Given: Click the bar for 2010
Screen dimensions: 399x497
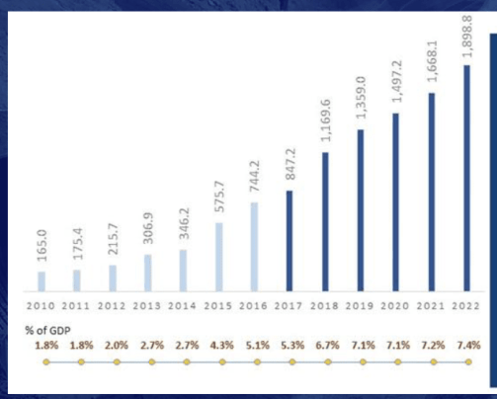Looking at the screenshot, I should (x=41, y=281).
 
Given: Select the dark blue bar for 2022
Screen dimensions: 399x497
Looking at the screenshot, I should (x=467, y=178).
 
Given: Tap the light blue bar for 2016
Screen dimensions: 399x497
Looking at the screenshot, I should (x=254, y=247).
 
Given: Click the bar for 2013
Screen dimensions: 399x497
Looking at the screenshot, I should (x=147, y=273).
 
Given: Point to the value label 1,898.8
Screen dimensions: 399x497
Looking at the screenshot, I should (x=467, y=36).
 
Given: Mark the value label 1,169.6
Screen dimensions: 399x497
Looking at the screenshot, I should (x=325, y=121).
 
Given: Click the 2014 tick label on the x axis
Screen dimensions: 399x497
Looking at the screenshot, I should (x=183, y=307).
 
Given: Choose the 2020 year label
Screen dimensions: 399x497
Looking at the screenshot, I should (x=396, y=307).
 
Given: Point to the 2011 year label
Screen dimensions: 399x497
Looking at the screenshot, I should (x=77, y=307).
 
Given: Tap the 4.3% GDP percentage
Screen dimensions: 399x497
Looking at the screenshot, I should (x=220, y=345).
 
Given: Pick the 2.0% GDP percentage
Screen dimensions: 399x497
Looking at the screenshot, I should (x=116, y=345).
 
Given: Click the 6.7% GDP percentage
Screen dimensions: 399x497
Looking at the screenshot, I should (x=327, y=345).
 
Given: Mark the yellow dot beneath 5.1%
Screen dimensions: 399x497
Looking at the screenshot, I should (x=256, y=362).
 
